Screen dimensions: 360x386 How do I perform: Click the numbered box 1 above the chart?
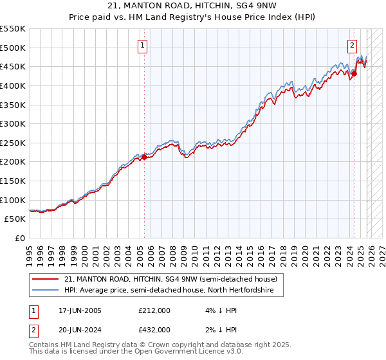(x=142, y=45)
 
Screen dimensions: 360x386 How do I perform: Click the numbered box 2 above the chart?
(x=353, y=45)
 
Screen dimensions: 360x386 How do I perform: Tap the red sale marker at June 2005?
(x=144, y=156)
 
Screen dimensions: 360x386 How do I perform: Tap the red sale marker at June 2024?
(x=354, y=73)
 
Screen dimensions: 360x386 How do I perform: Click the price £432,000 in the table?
(x=154, y=330)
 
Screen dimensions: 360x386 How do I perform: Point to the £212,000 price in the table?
(x=154, y=311)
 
